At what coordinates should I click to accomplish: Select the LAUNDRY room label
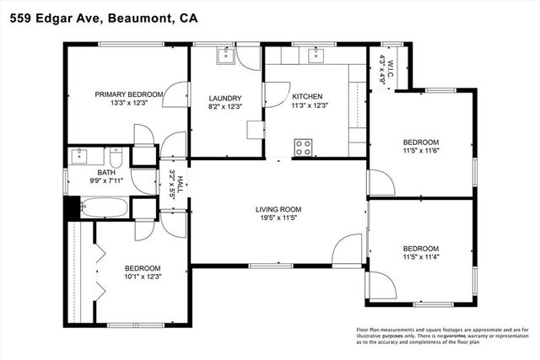(x=225, y=98)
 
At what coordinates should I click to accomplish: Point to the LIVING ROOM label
(x=278, y=209)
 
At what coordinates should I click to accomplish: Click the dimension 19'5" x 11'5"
(x=278, y=218)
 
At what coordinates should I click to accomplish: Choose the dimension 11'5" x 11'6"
(x=420, y=151)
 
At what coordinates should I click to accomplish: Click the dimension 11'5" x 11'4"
(x=420, y=257)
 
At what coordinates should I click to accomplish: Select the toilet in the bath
(x=118, y=159)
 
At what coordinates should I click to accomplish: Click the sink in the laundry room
(x=225, y=56)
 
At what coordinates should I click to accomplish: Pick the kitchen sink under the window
(x=317, y=56)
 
